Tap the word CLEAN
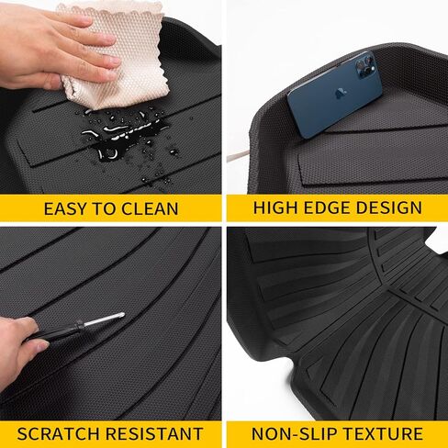pos(150,209)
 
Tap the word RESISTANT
pos(154,433)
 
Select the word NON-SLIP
pos(295,433)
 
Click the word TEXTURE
pos(383,433)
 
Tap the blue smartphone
pos(334,95)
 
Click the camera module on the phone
pos(364,66)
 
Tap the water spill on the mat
pos(126,135)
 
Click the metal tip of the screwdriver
pos(104,319)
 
